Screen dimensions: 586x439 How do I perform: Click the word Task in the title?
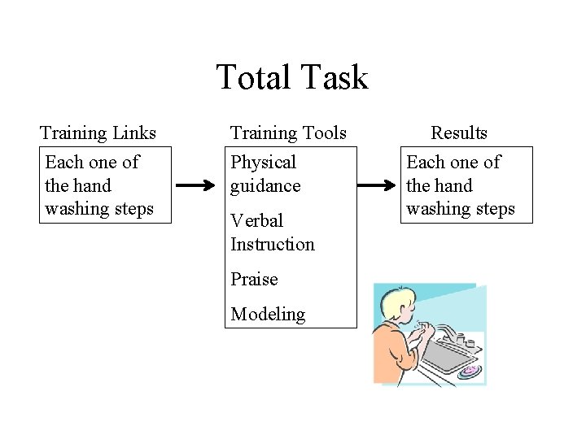pos(334,78)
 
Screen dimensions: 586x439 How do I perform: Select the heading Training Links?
pos(98,133)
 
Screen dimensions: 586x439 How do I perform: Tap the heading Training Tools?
pos(288,133)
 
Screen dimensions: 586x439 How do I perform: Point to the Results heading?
pos(459,133)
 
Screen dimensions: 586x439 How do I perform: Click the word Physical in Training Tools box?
pos(263,163)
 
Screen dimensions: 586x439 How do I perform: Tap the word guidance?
pos(265,186)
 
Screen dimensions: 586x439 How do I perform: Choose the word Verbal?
pos(256,220)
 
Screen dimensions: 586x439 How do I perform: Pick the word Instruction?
pos(272,244)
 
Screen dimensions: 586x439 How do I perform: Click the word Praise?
pos(254,279)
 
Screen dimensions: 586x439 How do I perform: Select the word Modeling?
pos(268,314)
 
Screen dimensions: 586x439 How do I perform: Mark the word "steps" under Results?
pos(496,209)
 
